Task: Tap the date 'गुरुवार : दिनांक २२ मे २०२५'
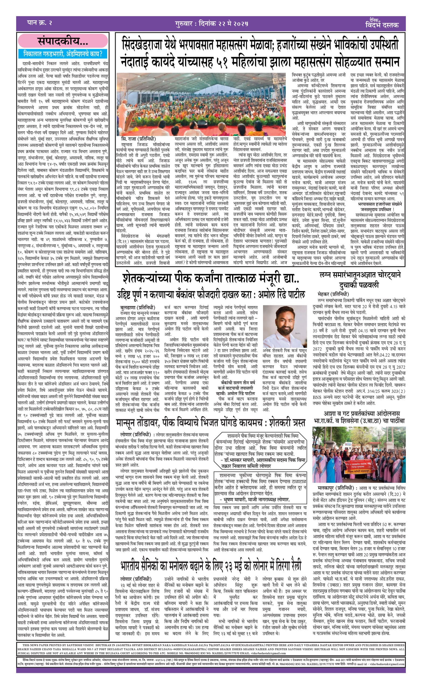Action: [211, 23]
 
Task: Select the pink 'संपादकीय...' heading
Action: [63, 41]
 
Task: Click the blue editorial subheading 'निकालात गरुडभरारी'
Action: [63, 54]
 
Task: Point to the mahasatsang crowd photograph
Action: [201, 104]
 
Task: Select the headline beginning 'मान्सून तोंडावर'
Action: [211, 423]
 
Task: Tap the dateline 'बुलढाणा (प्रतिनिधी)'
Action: [137, 307]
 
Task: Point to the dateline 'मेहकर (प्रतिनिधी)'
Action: [333, 294]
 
